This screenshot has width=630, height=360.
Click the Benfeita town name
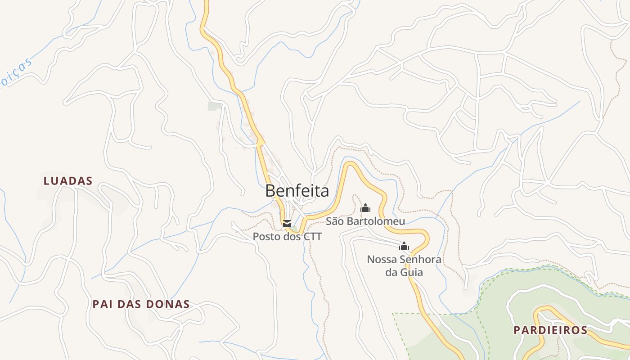tap(297, 191)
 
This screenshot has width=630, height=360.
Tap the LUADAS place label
tap(68, 181)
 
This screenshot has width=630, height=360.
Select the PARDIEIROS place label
tap(550, 330)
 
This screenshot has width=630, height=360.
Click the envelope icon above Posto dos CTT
tap(287, 224)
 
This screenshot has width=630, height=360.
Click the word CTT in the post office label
tap(312, 236)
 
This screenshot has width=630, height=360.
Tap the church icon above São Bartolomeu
tap(365, 208)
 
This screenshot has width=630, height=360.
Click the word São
tap(334, 221)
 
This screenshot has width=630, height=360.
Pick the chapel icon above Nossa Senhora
tap(404, 246)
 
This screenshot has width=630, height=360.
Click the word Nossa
tap(381, 260)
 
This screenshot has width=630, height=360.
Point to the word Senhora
tap(420, 260)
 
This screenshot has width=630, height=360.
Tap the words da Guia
tap(404, 272)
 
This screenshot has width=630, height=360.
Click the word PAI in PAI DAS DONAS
tap(102, 304)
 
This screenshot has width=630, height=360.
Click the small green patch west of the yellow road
tap(215, 106)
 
